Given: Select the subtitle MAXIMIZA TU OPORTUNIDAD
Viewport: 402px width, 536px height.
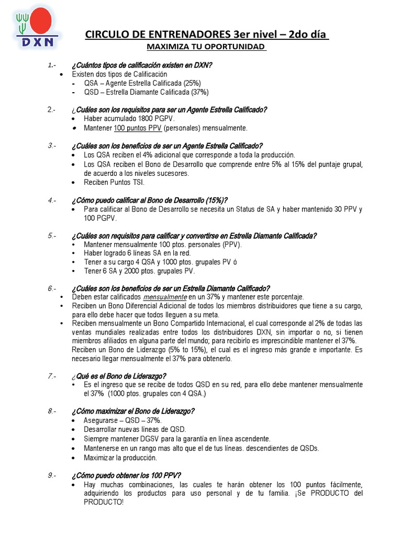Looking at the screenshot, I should [206, 47].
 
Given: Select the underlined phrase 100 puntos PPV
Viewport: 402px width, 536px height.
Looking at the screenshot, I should [138, 128].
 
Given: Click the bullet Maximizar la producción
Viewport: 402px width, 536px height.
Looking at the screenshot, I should [120, 457].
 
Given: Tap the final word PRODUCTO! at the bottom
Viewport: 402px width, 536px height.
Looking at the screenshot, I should [104, 501].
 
